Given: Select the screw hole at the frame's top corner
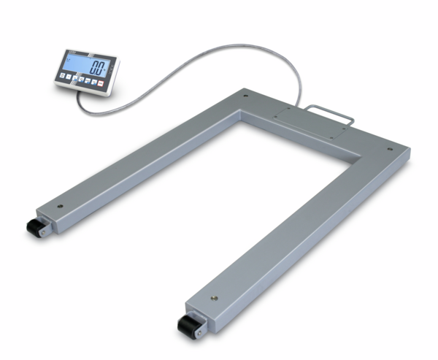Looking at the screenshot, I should click(246, 94).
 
